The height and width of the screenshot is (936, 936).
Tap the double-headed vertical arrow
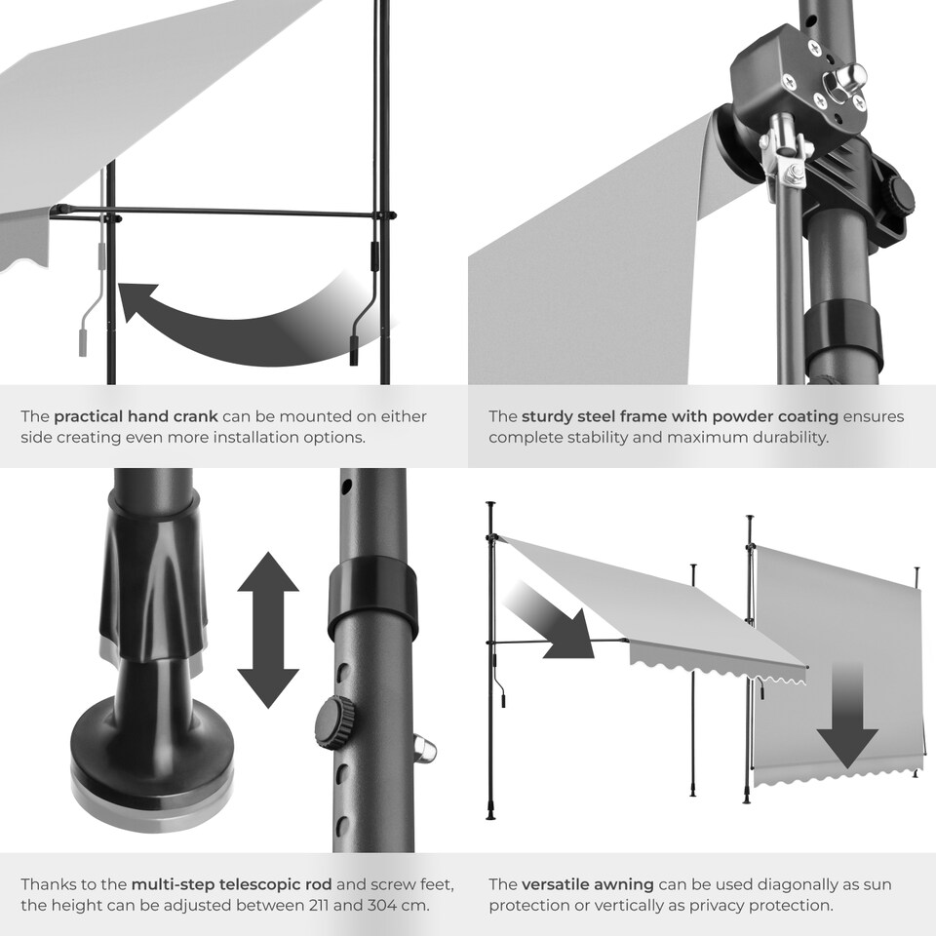click(x=268, y=630)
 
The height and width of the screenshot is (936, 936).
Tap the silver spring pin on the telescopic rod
click(x=424, y=750)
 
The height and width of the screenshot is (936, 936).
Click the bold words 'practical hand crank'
click(x=136, y=416)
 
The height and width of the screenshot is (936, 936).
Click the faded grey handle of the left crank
click(x=83, y=343)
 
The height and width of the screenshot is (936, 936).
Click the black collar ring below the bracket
click(x=843, y=331)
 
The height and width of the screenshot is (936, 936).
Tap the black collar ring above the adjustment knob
click(x=372, y=593)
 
